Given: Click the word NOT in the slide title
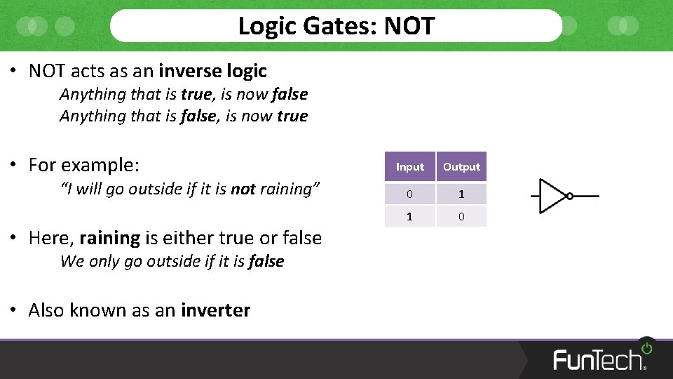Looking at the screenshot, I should point(409,26).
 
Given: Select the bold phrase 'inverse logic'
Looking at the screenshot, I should point(212,71).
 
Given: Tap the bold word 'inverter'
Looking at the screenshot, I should point(215,310).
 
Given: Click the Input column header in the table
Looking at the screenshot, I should point(409,167).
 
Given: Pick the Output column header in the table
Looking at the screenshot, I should point(461,167).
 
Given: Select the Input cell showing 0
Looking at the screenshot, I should point(409,194).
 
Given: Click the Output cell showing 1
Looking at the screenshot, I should point(461,194).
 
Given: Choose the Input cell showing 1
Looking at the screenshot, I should point(409,216).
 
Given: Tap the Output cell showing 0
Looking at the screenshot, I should point(461,216).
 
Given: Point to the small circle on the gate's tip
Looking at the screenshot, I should point(570,196).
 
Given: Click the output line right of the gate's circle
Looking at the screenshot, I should point(586,196).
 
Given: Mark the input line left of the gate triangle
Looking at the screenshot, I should point(536,196).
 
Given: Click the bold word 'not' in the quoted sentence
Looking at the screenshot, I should point(243,189).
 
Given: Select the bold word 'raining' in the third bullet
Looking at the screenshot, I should point(109,238).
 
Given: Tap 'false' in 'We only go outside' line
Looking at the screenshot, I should point(266,261).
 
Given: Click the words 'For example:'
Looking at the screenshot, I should point(84,165).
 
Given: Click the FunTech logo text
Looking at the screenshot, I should point(598,359).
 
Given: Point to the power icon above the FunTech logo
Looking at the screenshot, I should point(646,347).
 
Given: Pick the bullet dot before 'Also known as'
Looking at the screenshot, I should point(13,310).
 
